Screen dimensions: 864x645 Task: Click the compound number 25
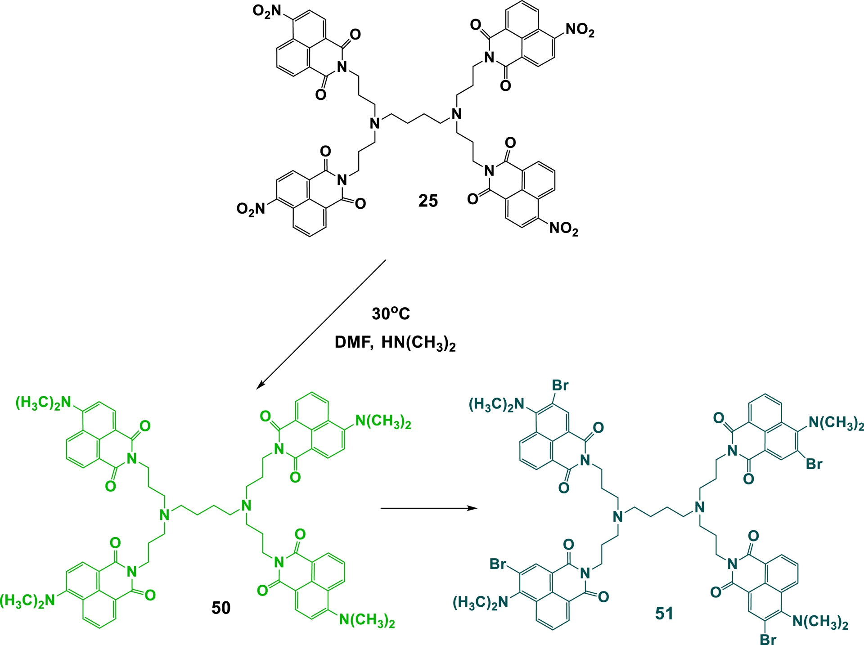point(428,201)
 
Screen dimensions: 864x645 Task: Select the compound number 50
point(221,608)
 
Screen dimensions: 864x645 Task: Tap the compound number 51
point(664,614)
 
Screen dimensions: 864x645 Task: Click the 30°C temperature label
point(391,314)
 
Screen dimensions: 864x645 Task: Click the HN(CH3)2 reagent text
point(418,344)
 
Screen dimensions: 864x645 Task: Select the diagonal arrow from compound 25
point(321,324)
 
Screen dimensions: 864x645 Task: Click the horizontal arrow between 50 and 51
point(429,508)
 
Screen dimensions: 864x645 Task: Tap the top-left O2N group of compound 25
point(267,11)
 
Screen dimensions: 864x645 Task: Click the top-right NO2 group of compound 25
point(580,30)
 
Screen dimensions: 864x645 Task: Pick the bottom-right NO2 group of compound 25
point(564,229)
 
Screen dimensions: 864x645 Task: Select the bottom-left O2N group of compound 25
point(251,209)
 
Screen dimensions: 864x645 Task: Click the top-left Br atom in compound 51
point(560,385)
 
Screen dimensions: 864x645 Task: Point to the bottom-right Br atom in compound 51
point(768,639)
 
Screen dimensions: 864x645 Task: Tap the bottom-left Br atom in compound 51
point(498,564)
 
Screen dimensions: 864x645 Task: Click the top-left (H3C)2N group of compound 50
point(44,403)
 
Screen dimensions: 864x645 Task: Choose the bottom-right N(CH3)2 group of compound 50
point(367,621)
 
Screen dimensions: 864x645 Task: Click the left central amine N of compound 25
point(375,123)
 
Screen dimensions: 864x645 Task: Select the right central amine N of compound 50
point(246,506)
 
